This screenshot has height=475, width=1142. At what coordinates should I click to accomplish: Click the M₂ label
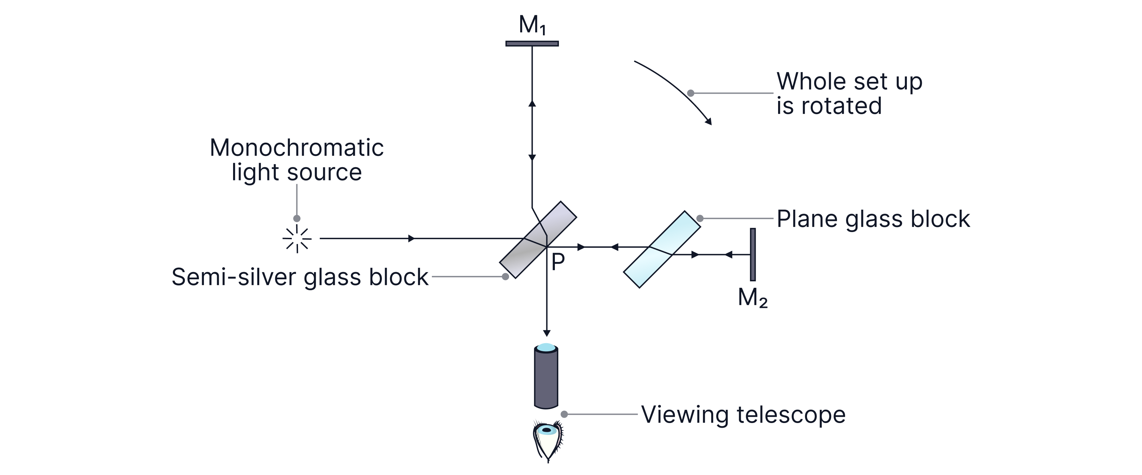click(x=752, y=298)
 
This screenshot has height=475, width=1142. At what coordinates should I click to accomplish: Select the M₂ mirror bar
click(x=752, y=254)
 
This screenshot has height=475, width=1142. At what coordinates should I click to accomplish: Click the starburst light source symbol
click(x=297, y=239)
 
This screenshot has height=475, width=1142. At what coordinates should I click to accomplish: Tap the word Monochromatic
click(x=297, y=148)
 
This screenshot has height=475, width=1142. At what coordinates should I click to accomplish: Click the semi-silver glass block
click(x=538, y=240)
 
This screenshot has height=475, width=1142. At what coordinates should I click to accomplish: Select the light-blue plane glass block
click(x=662, y=249)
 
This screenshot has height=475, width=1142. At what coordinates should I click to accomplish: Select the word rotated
click(x=841, y=106)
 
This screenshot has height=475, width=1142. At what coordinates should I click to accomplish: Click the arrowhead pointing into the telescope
click(x=547, y=333)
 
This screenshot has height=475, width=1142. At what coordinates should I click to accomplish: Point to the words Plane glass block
click(x=873, y=219)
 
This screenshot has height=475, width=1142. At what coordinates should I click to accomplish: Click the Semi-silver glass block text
click(x=300, y=277)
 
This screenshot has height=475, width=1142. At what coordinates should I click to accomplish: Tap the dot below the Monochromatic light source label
click(x=297, y=218)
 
